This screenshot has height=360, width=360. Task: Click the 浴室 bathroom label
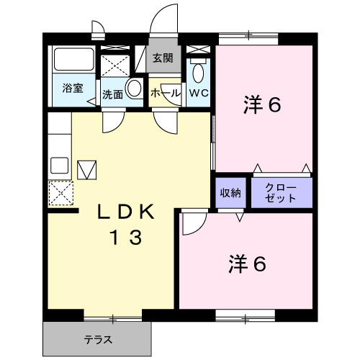click(71, 89)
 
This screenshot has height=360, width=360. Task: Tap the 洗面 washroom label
click(112, 94)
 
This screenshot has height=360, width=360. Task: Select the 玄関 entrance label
click(163, 58)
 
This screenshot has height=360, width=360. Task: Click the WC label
click(199, 94)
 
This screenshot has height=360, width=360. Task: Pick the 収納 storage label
click(231, 193)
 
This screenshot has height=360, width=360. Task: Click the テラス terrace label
click(97, 338)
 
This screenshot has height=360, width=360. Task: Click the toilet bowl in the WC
click(199, 72)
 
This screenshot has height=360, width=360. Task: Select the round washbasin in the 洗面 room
click(134, 89)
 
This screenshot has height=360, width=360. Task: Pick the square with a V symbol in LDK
click(86, 170)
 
